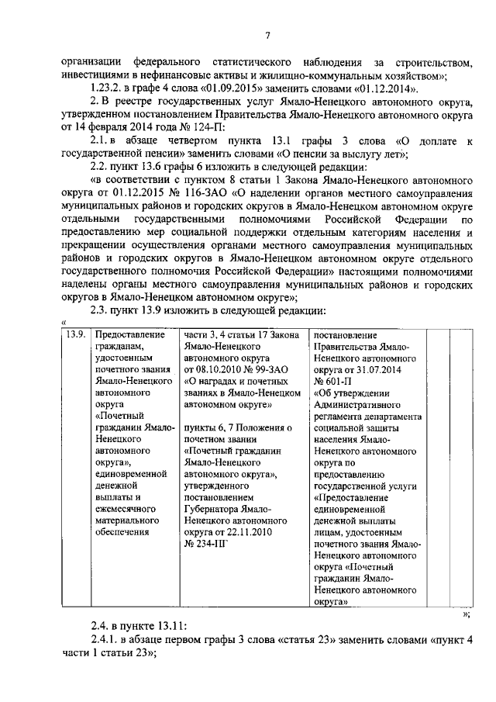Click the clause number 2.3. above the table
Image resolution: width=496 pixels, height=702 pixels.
click(x=101, y=312)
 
